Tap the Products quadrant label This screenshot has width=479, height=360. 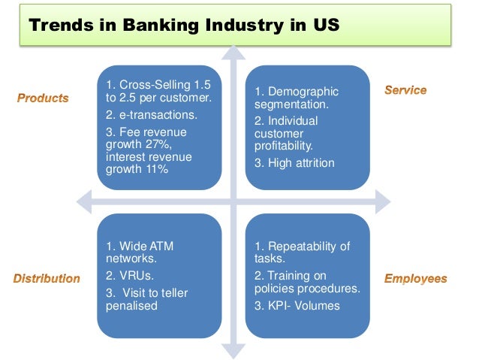click(x=43, y=98)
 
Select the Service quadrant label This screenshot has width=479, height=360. click(x=405, y=90)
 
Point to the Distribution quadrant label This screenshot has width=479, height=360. click(x=47, y=278)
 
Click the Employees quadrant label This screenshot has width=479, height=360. click(x=415, y=278)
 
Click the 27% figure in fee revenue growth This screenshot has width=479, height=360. click(x=186, y=144)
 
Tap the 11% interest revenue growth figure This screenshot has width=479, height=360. click(x=158, y=170)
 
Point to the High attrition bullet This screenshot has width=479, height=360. click(x=294, y=162)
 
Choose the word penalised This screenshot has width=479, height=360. click(x=132, y=306)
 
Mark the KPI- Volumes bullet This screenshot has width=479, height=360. click(x=297, y=305)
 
